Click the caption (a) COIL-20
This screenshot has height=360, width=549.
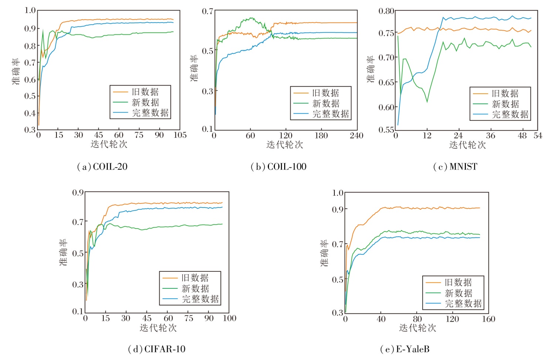pyautogui.click(x=102, y=167)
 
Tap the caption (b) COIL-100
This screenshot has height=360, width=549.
pyautogui.click(x=279, y=167)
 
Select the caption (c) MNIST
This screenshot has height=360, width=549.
pyautogui.click(x=455, y=167)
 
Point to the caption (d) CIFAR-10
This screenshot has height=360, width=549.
pyautogui.click(x=157, y=349)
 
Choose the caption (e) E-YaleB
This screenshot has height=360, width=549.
pyautogui.click(x=405, y=349)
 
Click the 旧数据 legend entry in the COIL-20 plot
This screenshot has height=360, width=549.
pyautogui.click(x=145, y=92)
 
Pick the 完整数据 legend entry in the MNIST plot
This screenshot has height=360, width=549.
pyautogui.click(x=510, y=115)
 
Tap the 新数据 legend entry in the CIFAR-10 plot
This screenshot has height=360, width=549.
pyautogui.click(x=195, y=288)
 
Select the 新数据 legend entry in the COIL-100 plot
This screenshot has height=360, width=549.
pyautogui.click(x=325, y=103)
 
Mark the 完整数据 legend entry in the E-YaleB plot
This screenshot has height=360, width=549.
pyautogui.click(x=463, y=304)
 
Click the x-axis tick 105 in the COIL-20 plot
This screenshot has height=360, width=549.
pyautogui.click(x=180, y=135)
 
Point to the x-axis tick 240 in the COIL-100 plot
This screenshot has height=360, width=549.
pyautogui.click(x=357, y=136)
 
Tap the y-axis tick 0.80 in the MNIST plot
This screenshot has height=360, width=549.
pyautogui.click(x=386, y=11)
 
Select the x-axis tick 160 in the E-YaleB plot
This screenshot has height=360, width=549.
pyautogui.click(x=488, y=319)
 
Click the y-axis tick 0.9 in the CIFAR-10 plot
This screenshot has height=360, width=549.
pyautogui.click(x=78, y=192)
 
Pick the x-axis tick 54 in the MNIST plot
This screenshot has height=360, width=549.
pyautogui.click(x=538, y=136)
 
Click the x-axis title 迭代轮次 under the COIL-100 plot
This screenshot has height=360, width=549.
pyautogui.click(x=285, y=145)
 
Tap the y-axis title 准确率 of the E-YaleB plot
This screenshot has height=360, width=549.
pyautogui.click(x=324, y=253)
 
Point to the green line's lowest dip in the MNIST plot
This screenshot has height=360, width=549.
pyautogui.click(x=427, y=102)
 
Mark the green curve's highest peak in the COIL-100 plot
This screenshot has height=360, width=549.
pyautogui.click(x=251, y=18)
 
